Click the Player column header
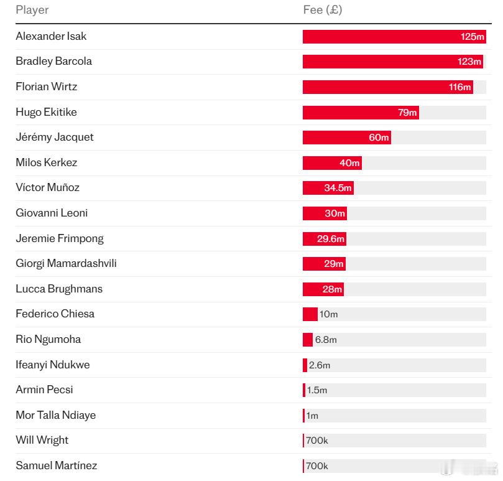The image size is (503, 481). tap(32, 10)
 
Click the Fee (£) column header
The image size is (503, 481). tap(323, 10)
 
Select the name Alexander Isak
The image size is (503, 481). tap(51, 36)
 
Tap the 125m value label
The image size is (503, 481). tap(472, 37)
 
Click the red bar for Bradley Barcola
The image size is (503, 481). tap(393, 62)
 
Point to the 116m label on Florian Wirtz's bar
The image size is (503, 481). tap(459, 87)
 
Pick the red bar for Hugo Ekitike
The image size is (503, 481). tap(361, 113)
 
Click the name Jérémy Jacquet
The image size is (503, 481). tap(55, 137)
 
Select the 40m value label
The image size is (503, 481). tap(349, 163)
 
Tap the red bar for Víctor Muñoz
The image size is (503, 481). tap(328, 188)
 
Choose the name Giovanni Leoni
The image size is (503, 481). tap(52, 213)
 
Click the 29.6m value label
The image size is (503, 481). tap(330, 238)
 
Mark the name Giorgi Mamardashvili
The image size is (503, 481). tap(66, 263)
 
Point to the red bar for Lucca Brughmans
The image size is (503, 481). tap(323, 289)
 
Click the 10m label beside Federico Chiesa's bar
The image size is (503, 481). tap(328, 314)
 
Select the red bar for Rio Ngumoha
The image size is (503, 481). tap(308, 340)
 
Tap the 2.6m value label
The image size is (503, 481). tap(320, 365)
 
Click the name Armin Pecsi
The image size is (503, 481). tap(44, 390)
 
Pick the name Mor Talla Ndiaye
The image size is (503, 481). tap(56, 415)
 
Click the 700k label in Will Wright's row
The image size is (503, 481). tap(317, 441)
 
